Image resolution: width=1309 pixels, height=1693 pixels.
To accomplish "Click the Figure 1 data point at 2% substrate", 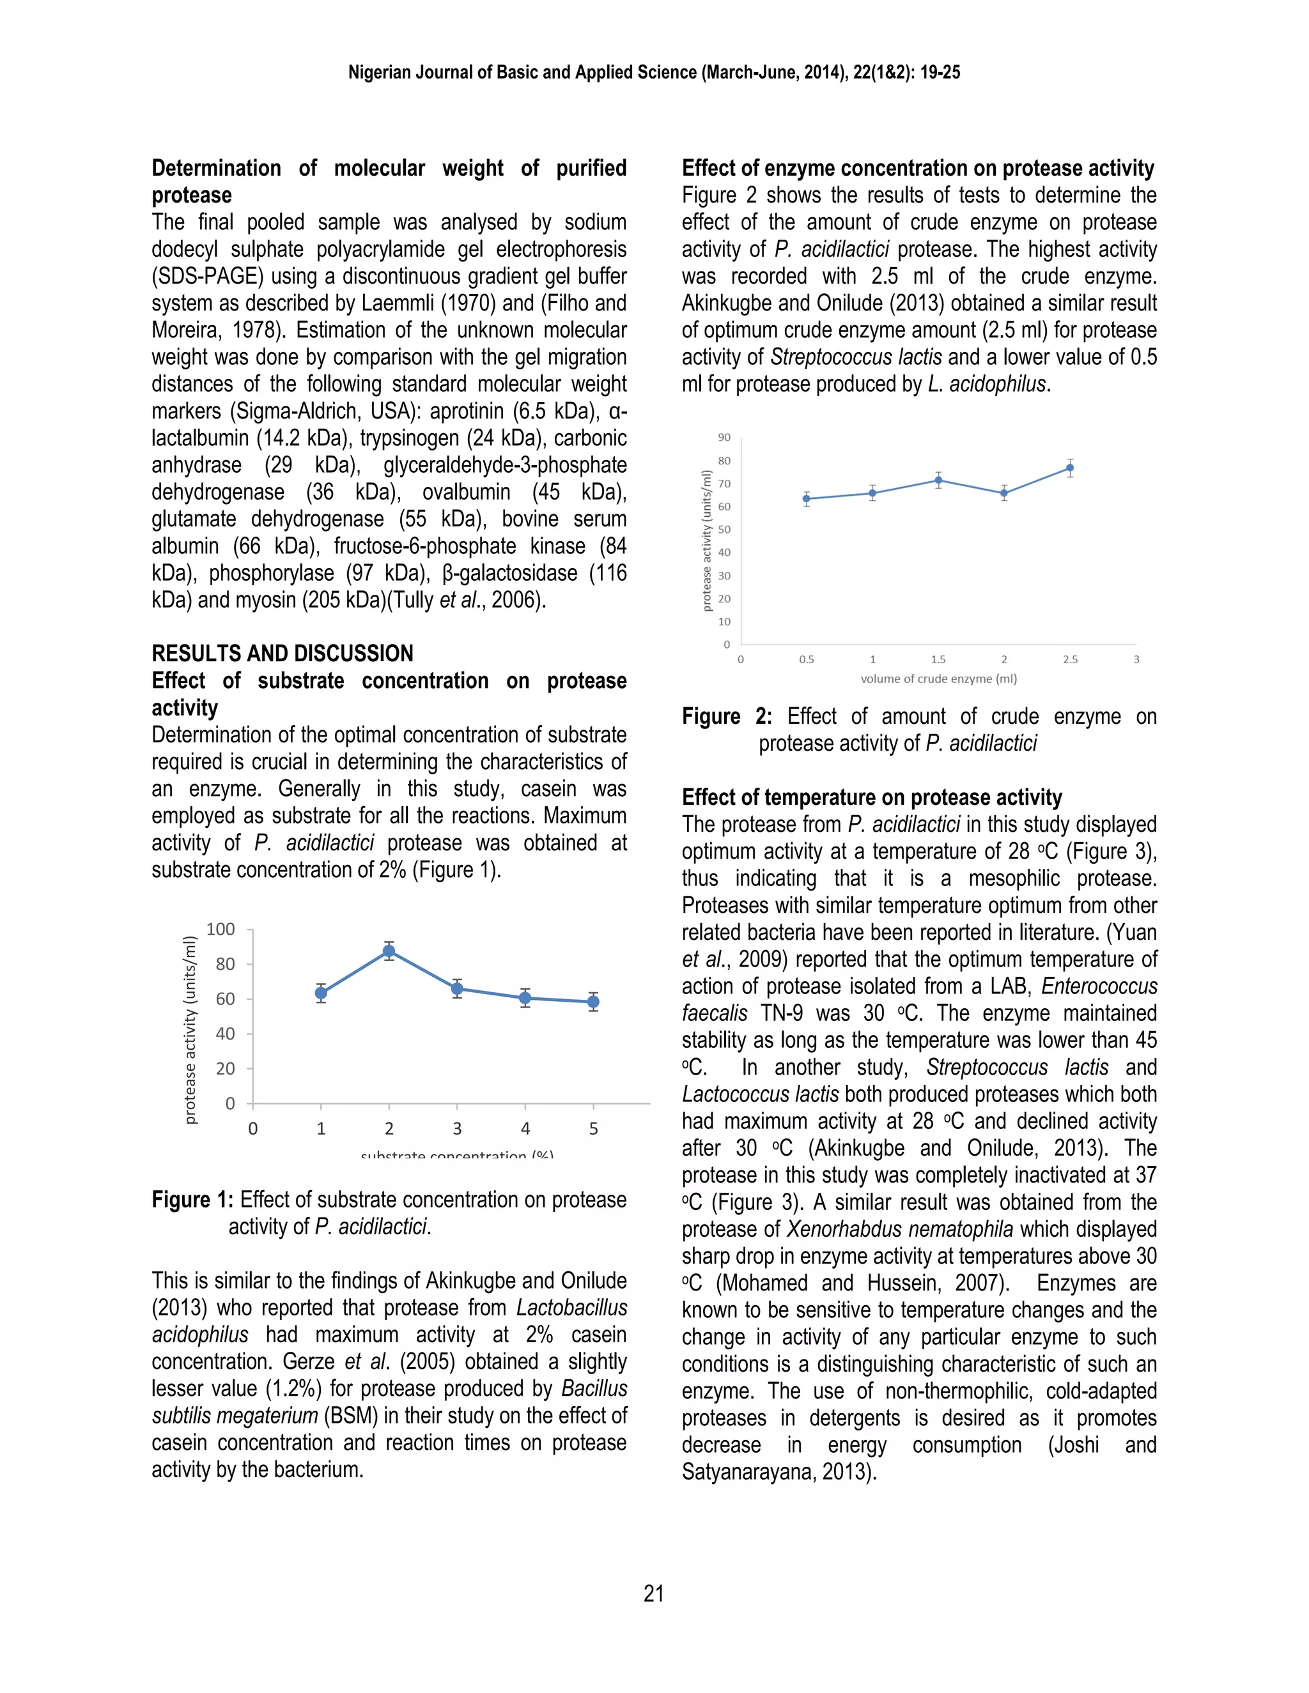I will [x=389, y=951].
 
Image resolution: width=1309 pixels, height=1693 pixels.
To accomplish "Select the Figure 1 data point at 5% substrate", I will [x=593, y=1002].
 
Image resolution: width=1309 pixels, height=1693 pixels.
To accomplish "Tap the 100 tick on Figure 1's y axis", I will [x=221, y=930].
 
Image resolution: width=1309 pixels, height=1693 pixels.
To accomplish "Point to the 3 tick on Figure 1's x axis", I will [x=458, y=1129].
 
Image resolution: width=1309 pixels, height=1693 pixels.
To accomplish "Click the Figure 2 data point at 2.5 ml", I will [x=1070, y=468].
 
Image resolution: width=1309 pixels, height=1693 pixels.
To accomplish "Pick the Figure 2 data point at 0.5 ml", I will [x=807, y=498].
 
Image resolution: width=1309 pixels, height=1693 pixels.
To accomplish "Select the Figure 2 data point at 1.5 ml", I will [x=938, y=480].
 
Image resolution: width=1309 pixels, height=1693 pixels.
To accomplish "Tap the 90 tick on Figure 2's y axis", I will [x=724, y=438].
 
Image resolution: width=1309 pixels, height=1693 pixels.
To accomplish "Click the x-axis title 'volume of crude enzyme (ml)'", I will [x=938, y=679].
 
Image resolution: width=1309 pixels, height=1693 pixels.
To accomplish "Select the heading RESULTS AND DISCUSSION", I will [x=283, y=654].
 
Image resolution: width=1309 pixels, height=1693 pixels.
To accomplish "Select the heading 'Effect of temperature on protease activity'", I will [x=872, y=798].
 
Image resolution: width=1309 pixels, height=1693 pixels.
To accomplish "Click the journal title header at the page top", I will [x=654, y=73].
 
